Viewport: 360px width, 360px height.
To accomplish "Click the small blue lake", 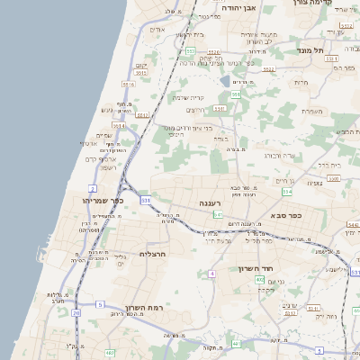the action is tap(224, 81).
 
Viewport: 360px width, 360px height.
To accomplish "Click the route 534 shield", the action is tap(287, 192).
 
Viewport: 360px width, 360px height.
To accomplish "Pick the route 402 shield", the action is tap(259, 280).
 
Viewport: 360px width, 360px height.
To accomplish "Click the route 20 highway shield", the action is tap(76, 313).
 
